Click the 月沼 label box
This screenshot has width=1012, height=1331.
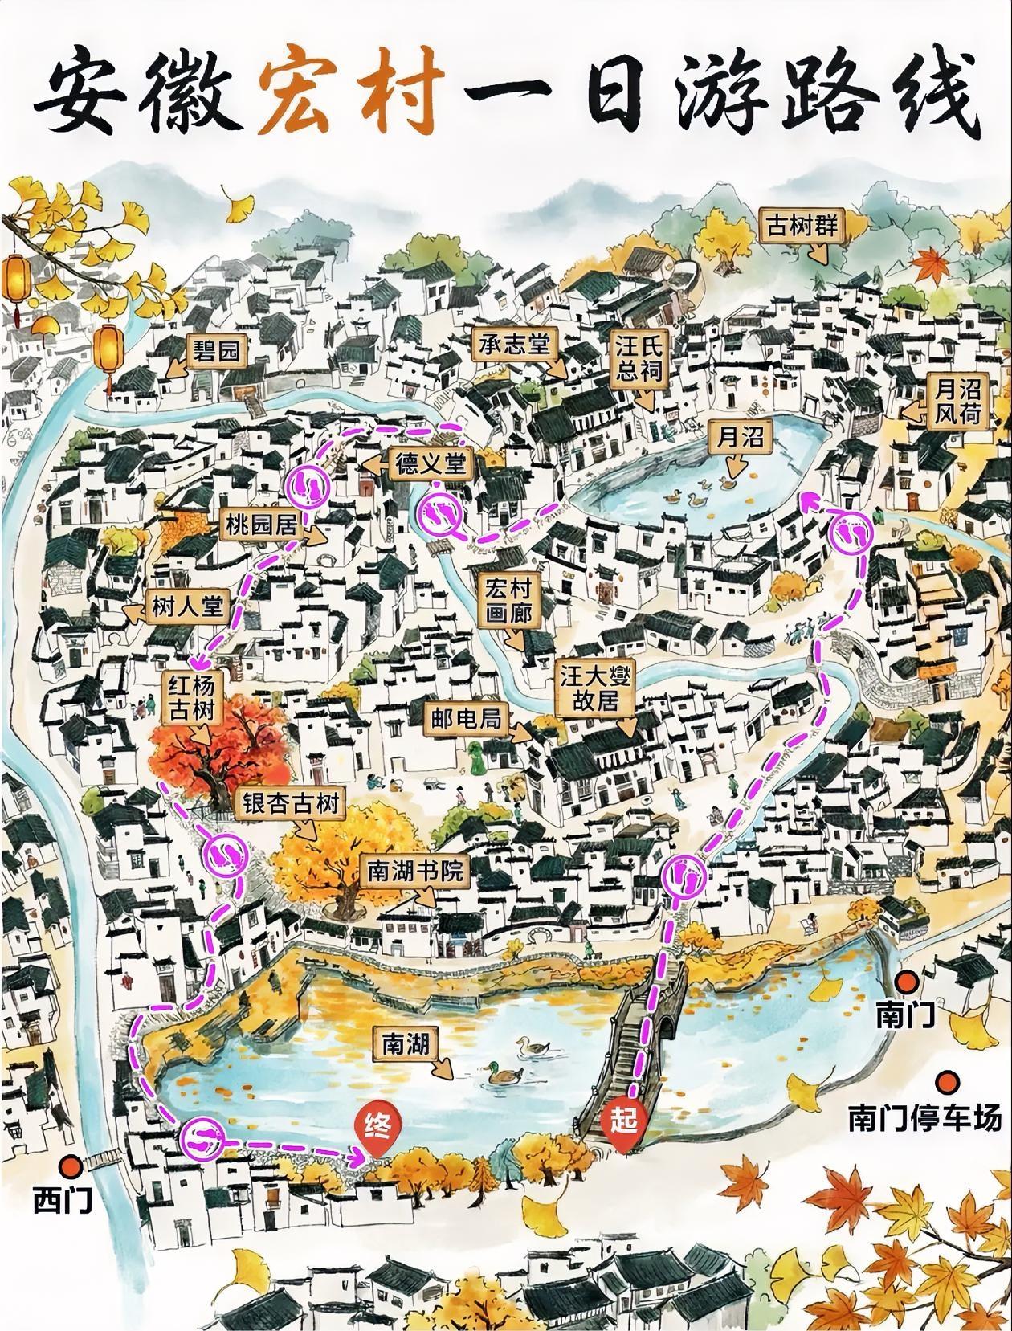pos(740,437)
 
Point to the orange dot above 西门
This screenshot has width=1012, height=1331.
pos(72,1164)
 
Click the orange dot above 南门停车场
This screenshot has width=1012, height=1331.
pos(951,1080)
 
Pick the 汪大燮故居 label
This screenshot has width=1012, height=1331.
pos(595,688)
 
